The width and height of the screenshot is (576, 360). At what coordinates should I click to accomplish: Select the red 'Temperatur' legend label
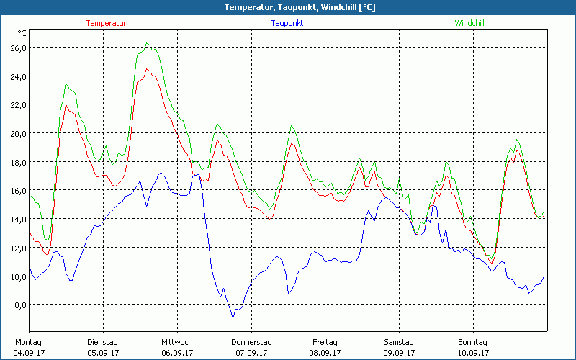(106, 23)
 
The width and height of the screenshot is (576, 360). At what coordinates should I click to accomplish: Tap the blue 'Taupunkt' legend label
(287, 23)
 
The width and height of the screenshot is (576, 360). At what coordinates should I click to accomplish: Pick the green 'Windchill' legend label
(469, 23)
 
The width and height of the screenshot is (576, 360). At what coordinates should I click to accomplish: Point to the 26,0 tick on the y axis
(17, 48)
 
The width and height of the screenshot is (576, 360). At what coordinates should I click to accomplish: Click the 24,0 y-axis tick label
(17, 76)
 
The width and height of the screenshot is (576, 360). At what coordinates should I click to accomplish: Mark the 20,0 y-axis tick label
(17, 133)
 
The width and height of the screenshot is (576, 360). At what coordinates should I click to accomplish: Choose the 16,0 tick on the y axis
(17, 190)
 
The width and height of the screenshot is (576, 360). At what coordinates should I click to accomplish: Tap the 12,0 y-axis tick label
(17, 248)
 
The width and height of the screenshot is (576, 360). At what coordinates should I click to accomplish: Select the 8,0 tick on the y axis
(19, 305)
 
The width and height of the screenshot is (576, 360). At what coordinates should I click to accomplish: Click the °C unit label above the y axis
(22, 33)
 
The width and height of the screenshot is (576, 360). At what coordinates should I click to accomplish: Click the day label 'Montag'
(28, 342)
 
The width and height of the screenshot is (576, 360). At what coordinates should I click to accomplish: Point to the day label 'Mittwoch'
(177, 342)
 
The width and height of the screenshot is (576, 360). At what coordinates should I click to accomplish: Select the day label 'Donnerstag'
(251, 342)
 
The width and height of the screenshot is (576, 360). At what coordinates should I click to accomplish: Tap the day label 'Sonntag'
(473, 342)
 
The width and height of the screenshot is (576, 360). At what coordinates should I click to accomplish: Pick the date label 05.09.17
(102, 353)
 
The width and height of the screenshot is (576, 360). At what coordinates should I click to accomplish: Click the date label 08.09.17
(325, 353)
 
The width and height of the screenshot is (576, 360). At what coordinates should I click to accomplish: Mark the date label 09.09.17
(399, 353)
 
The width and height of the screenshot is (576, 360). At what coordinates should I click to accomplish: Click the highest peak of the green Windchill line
(147, 43)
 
